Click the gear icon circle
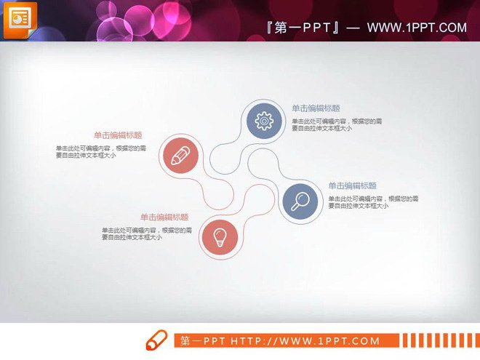coord(264,120)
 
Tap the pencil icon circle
coord(180,155)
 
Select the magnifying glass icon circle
coord(300,200)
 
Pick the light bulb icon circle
coord(220,236)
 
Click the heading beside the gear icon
coord(316,108)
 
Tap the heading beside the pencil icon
coord(118,135)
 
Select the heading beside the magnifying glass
coord(352,186)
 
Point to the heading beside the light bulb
coord(164,217)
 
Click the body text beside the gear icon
coord(337,124)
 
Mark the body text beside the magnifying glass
coord(372,202)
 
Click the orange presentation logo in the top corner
coord(20,19)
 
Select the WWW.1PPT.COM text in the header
coord(416,28)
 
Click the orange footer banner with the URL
coord(287,341)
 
